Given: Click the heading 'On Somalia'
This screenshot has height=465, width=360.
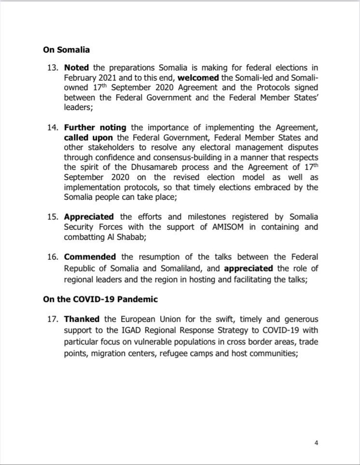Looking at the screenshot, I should [66, 50].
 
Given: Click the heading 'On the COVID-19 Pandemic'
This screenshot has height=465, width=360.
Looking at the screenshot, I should [100, 299].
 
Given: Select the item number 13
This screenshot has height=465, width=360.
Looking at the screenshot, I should [52, 68].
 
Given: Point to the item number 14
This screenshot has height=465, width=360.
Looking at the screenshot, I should [52, 127].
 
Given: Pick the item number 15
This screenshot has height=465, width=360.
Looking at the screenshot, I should [52, 216].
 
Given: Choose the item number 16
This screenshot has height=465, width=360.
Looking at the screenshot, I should [52, 256].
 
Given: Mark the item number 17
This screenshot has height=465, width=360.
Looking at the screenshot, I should [52, 319].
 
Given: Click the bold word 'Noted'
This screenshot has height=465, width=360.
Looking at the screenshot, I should [77, 68].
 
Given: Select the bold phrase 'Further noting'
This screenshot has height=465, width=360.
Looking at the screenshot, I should [95, 127].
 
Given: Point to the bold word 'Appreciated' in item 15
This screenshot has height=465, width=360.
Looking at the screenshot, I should [89, 216].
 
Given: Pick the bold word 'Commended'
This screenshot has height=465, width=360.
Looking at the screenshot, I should [90, 256].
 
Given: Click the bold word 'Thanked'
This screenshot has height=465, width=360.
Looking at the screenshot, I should [82, 319].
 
